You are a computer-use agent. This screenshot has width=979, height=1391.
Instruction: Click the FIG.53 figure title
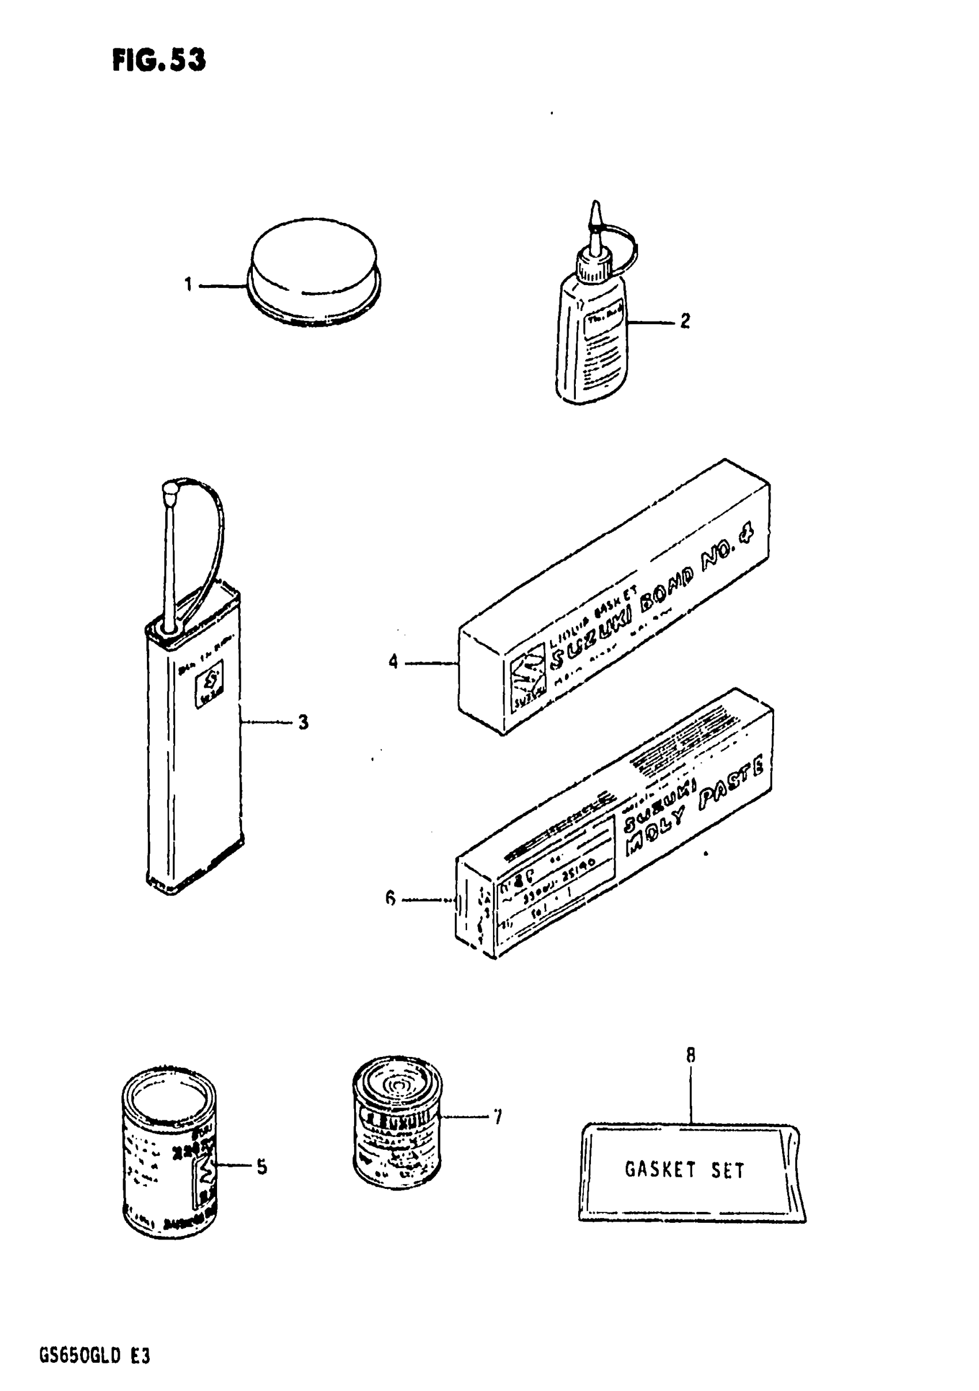159,60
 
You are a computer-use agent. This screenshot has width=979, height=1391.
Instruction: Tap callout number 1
188,283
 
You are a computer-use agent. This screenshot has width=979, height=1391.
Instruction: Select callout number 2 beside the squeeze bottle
685,320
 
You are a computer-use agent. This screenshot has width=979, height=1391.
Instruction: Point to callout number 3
303,722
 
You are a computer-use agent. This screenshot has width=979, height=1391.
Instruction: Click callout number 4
393,662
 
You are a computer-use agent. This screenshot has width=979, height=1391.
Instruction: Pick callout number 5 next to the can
261,1166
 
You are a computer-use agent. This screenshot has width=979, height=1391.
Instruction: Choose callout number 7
498,1117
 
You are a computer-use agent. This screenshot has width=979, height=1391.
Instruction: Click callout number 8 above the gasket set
690,1055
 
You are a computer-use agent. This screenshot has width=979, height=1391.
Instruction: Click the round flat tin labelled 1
314,272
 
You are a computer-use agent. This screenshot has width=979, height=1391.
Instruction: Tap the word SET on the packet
727,1170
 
